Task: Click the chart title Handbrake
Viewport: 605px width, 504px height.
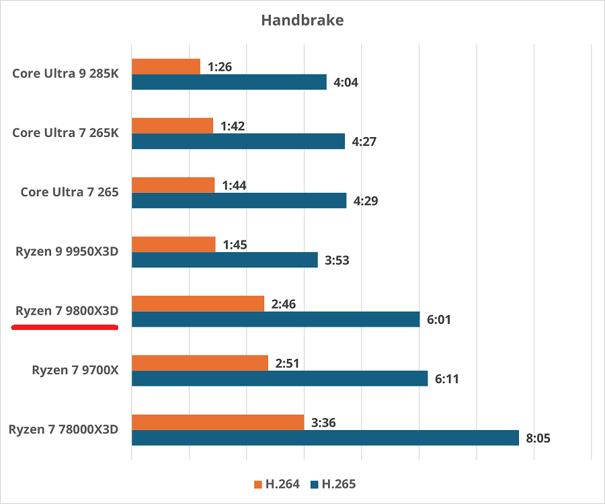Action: [x=302, y=20]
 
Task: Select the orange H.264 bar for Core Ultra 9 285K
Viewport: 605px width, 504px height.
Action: [x=166, y=67]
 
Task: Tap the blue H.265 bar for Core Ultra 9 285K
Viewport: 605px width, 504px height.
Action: [x=229, y=82]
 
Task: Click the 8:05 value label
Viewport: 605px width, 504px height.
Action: [x=538, y=438]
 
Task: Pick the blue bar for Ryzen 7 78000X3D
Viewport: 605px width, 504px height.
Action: [x=325, y=438]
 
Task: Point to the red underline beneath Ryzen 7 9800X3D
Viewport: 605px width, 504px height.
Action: [x=65, y=327]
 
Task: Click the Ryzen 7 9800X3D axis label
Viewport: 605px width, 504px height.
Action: [x=67, y=310]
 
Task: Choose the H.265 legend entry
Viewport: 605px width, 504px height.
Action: [x=333, y=484]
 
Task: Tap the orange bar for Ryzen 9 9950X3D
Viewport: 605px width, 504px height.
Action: [x=173, y=245]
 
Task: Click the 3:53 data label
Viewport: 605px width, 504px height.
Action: [x=337, y=260]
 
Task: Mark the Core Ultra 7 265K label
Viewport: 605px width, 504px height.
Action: [x=65, y=132]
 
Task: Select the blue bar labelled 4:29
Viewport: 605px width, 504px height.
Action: [x=239, y=200]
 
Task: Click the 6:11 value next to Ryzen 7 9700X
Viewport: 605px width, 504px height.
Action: [x=447, y=379]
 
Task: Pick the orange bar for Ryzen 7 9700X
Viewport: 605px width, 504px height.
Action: [x=200, y=364]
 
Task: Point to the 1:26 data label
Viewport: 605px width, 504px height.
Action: [x=219, y=67]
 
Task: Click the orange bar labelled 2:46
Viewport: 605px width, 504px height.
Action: [x=198, y=304]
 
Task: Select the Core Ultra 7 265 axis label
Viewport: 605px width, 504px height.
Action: [x=69, y=192]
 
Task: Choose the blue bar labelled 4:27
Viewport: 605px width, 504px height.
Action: [x=238, y=141]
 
